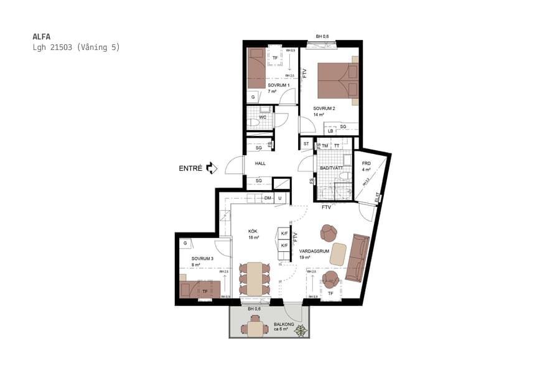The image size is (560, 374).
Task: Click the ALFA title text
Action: tap(41, 36)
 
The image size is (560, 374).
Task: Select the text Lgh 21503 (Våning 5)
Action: tap(75, 47)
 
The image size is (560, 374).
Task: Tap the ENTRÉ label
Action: tap(190, 168)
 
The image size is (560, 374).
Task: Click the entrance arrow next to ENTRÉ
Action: tap(211, 168)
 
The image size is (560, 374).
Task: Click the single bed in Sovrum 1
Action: tap(256, 69)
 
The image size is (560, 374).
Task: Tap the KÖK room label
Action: tap(253, 231)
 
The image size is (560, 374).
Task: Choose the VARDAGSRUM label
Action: tap(314, 251)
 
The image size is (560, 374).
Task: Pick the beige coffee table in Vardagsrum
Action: tap(338, 253)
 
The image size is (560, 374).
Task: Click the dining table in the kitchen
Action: tap(255, 279)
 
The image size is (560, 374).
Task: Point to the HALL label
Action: tap(260, 163)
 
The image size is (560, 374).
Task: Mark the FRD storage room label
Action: tap(366, 163)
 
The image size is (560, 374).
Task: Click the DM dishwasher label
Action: tap(268, 198)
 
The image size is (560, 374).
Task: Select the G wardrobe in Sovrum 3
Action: tap(185, 243)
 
